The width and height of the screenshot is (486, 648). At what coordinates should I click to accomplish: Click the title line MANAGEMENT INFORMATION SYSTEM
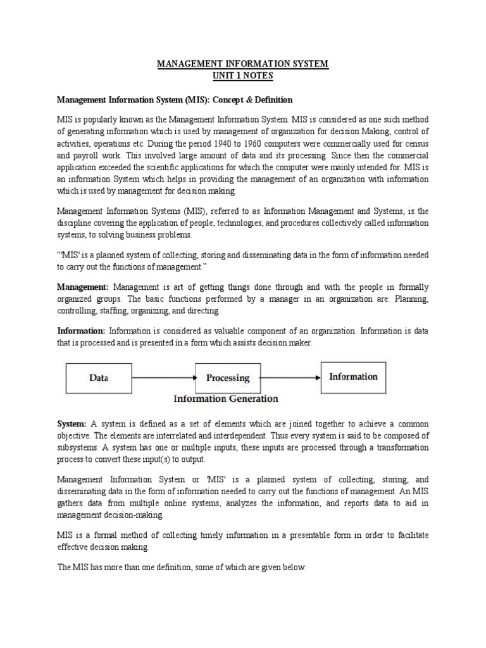click(243, 65)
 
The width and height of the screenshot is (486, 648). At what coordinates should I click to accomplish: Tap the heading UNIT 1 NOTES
click(243, 76)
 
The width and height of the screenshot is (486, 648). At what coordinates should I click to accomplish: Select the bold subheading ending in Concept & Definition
click(175, 100)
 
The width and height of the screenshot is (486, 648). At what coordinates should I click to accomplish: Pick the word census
click(415, 144)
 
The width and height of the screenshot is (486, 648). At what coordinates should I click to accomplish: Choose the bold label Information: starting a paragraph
click(81, 330)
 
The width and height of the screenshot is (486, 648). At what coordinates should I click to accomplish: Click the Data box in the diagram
click(99, 378)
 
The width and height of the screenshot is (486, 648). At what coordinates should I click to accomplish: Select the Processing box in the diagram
click(228, 378)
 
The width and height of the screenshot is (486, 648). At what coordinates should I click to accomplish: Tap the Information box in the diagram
click(353, 377)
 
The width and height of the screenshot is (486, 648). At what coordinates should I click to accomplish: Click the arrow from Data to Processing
click(163, 378)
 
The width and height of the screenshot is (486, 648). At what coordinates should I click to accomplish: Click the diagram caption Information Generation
click(226, 399)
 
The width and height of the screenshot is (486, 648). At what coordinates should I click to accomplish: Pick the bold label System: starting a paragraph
click(72, 423)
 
